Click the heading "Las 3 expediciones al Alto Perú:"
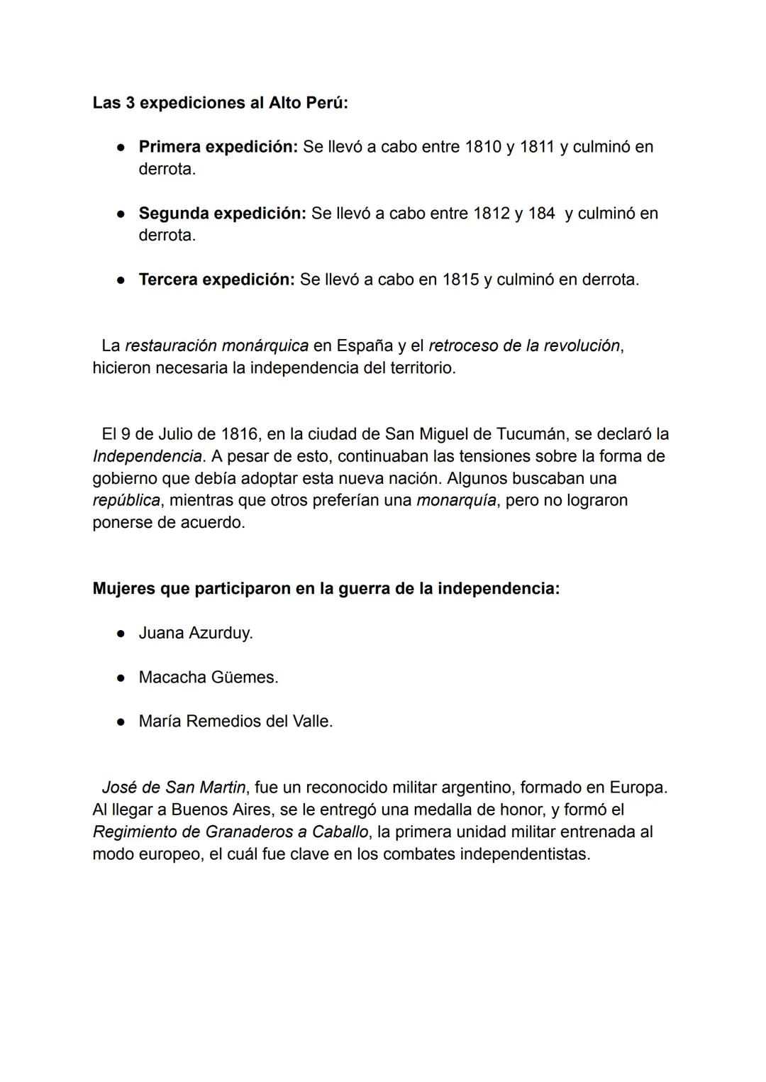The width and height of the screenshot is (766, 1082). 220,103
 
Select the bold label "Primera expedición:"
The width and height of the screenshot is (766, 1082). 218,147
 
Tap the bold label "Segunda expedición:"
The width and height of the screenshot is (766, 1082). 222,213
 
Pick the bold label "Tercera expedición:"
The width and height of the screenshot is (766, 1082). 216,280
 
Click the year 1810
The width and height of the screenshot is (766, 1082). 482,147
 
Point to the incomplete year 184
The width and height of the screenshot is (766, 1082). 541,213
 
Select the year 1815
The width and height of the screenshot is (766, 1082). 460,280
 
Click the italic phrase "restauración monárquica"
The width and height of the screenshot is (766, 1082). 216,346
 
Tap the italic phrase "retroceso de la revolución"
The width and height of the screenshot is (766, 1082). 524,346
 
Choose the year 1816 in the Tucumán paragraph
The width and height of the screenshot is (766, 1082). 239,434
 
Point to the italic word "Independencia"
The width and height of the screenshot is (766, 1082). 147,456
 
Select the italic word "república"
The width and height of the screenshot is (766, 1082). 126,500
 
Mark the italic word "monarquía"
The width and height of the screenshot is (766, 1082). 456,500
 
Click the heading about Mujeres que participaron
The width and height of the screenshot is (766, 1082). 326,589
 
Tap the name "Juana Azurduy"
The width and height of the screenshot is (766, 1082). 195,633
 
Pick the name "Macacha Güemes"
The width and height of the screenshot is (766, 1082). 208,678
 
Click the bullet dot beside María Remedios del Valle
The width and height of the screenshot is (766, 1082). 121,722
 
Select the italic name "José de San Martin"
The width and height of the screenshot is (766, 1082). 174,788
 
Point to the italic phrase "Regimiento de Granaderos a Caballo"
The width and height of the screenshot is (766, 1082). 231,832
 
